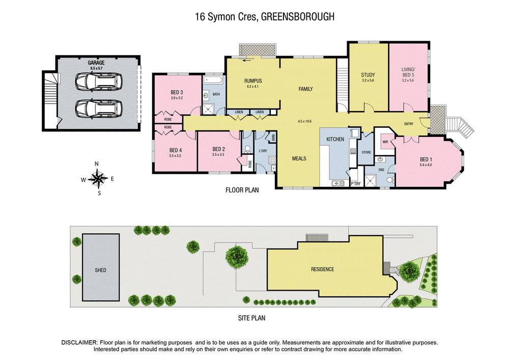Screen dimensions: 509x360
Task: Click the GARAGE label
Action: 96,63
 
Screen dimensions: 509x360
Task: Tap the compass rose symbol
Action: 98,179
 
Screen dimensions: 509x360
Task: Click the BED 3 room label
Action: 177,92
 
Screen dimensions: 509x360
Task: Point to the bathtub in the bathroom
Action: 213,80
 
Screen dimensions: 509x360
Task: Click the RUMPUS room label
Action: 253,81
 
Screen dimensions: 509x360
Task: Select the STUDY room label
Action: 368,75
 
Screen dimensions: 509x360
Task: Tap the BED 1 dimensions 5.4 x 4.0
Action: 426,164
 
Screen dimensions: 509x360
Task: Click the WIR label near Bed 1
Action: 385,142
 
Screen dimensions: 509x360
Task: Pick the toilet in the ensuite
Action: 391,180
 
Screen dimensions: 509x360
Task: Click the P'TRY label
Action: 355,184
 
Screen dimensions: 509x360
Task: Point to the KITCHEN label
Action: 335,139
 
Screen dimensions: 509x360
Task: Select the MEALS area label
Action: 299,158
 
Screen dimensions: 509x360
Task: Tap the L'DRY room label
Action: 263,151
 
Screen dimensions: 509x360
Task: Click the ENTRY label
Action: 409,124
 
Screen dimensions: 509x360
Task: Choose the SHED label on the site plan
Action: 100,270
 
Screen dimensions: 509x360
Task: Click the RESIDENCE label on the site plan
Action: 322,269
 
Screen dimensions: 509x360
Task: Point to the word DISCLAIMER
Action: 79,343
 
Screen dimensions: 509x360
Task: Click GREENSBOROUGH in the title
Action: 298,17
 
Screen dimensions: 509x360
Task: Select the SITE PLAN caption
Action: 251,318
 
